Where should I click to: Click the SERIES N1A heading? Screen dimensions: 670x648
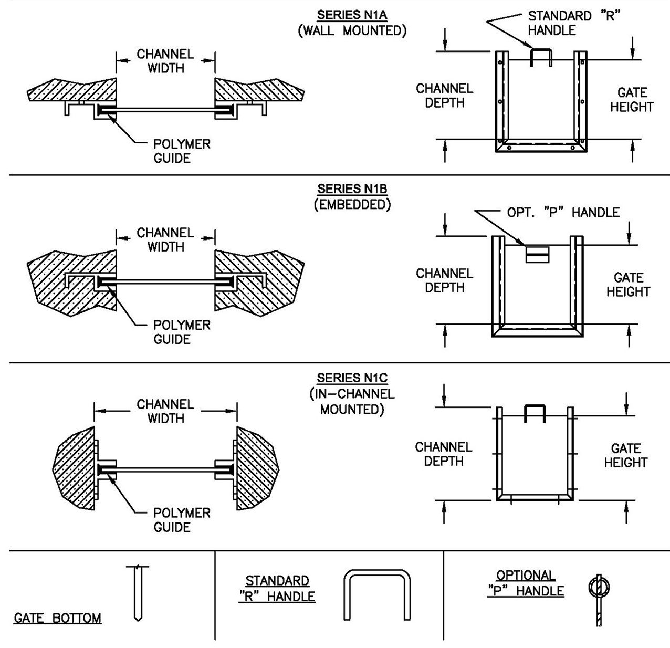click(352, 15)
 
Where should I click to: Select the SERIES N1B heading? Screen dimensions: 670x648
click(352, 189)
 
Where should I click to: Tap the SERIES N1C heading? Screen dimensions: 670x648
click(352, 378)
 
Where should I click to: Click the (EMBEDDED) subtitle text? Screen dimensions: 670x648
click(352, 204)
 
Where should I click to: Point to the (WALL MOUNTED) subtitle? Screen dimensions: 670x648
click(352, 30)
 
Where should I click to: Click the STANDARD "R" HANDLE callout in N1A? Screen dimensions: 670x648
click(574, 23)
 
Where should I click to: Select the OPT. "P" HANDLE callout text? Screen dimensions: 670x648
click(563, 212)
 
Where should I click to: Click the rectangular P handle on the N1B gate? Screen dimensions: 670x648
click(537, 255)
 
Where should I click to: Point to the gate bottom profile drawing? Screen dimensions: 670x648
click(138, 592)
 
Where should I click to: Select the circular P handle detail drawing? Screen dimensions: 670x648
click(599, 600)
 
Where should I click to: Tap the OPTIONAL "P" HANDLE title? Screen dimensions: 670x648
click(526, 583)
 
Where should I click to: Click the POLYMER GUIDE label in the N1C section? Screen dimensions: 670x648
click(182, 520)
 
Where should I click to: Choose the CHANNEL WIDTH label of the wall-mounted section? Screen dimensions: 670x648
click(165, 61)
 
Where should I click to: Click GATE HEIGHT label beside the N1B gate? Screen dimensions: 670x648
click(629, 285)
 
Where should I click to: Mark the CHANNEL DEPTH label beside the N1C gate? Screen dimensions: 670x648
click(444, 454)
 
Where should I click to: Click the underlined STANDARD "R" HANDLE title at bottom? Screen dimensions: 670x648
click(277, 589)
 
